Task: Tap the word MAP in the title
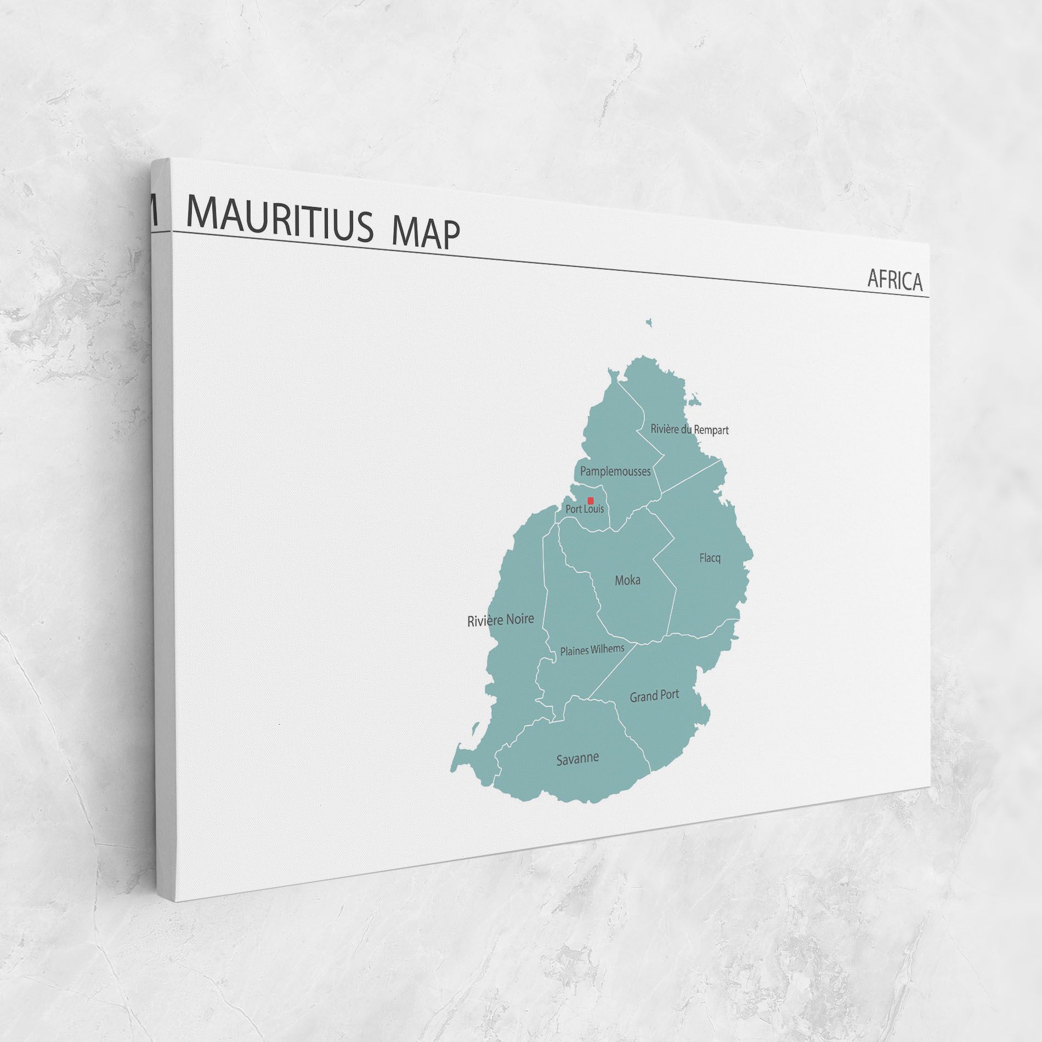pyautogui.click(x=426, y=232)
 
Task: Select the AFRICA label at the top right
pyautogui.click(x=894, y=280)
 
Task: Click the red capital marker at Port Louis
pyautogui.click(x=591, y=501)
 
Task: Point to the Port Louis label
pyautogui.click(x=585, y=509)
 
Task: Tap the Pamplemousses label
pyautogui.click(x=615, y=471)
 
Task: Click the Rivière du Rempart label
pyautogui.click(x=689, y=429)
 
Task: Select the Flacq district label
pyautogui.click(x=710, y=558)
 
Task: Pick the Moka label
pyautogui.click(x=627, y=580)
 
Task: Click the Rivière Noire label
pyautogui.click(x=500, y=620)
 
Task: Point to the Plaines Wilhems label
pyautogui.click(x=592, y=650)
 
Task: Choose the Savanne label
pyautogui.click(x=577, y=759)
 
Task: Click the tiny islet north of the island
pyautogui.click(x=649, y=322)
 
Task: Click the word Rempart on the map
pyautogui.click(x=711, y=431)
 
